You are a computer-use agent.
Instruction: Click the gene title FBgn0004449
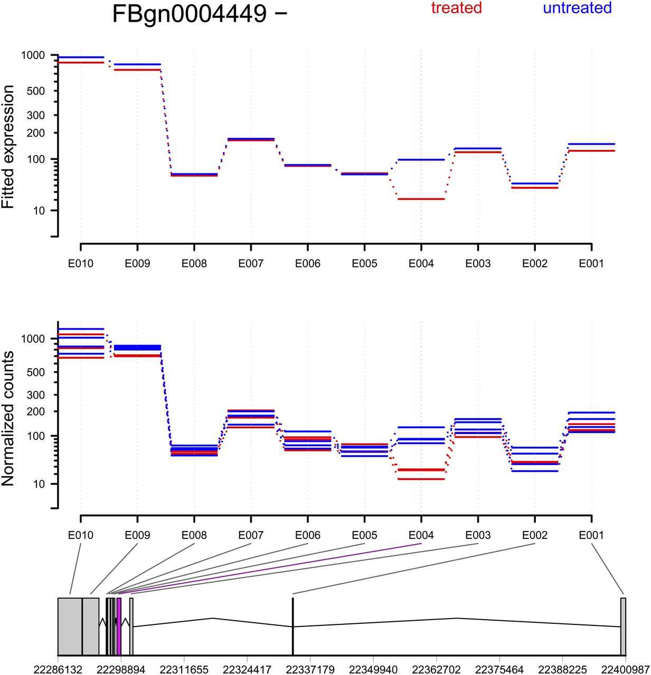[190, 14]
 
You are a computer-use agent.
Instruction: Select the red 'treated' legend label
[456, 8]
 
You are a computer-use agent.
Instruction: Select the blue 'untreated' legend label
[577, 8]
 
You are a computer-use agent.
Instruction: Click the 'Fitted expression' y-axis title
[8, 147]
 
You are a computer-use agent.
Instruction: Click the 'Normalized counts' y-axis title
[8, 419]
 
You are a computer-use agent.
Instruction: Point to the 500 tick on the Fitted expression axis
[35, 91]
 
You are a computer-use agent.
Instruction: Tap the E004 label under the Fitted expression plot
[421, 264]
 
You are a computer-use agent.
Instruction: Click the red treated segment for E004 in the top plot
[421, 199]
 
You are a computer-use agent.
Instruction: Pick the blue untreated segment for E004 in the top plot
[421, 159]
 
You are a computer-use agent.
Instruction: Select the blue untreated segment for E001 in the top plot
[591, 144]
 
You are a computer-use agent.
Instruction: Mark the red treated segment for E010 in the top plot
[81, 63]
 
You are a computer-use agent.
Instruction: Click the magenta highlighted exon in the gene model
[119, 626]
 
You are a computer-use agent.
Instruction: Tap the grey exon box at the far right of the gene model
[623, 626]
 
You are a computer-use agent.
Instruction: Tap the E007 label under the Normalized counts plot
[251, 535]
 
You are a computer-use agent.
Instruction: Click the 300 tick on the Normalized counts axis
[35, 394]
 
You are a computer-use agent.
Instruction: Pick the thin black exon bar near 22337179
[293, 626]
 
